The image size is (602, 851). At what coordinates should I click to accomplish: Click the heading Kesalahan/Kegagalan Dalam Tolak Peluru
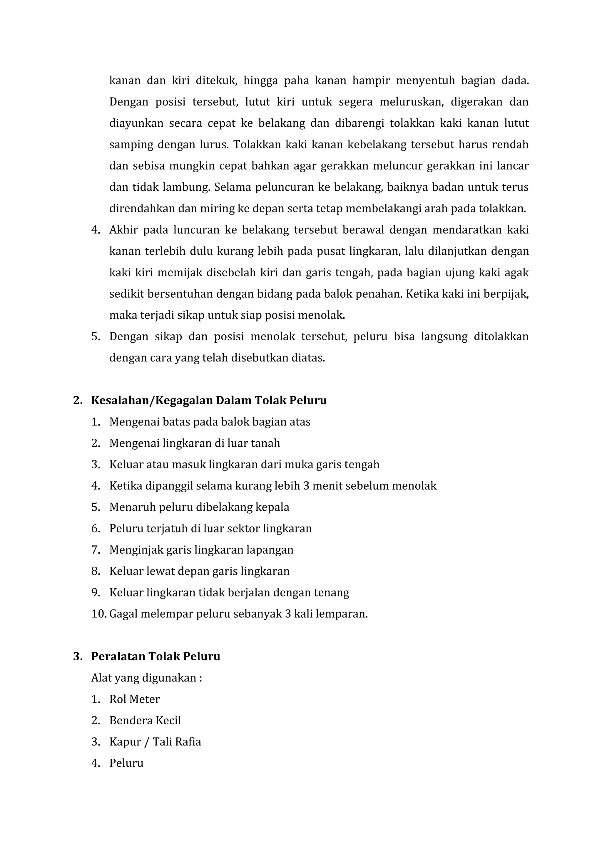pos(209,401)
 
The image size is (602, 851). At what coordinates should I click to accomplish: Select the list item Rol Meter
pos(135,699)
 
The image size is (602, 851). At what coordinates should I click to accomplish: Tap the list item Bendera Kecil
pos(145,721)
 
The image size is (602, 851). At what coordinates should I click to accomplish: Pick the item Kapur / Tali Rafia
pos(155,742)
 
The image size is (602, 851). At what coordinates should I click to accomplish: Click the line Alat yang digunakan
pos(146,678)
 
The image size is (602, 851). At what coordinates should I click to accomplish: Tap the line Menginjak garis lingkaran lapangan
pos(201,550)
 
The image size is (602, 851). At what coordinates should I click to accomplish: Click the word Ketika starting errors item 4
pos(126,486)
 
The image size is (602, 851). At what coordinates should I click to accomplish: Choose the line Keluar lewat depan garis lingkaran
pos(199,571)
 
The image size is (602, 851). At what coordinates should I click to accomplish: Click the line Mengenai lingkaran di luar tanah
pos(195,443)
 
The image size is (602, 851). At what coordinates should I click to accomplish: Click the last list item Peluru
pos(126,763)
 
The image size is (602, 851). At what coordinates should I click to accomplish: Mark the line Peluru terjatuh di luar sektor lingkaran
pos(210,529)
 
